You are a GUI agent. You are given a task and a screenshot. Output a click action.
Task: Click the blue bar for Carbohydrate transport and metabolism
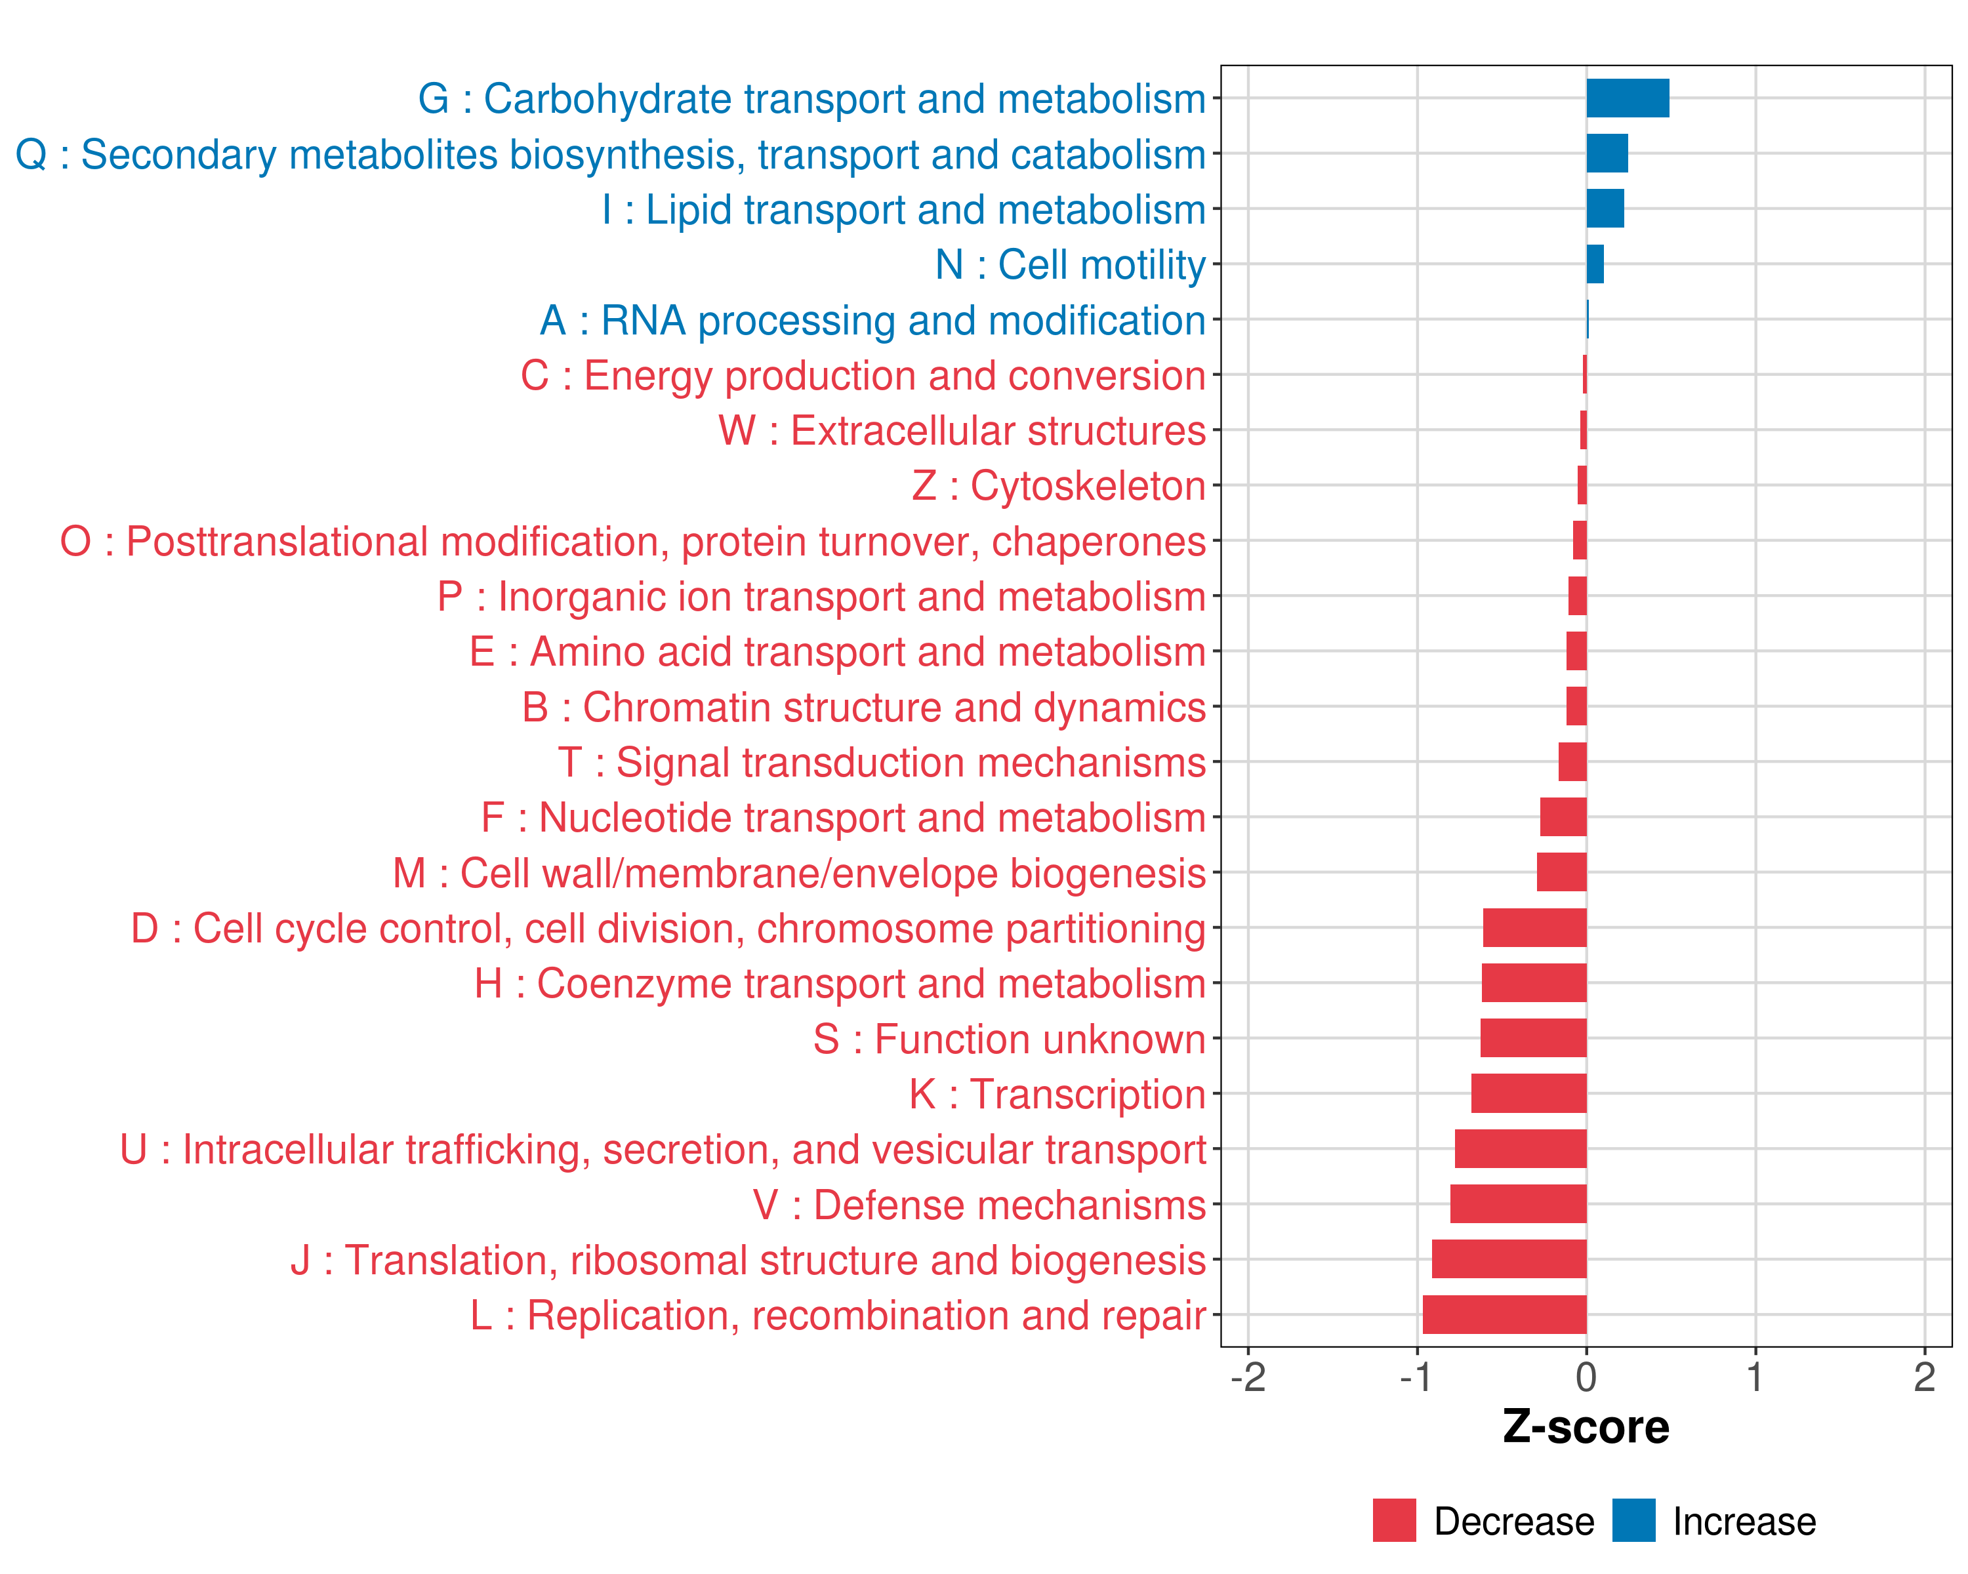click(1628, 98)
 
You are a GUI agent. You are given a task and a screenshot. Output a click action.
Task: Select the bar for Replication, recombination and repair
click(1504, 1315)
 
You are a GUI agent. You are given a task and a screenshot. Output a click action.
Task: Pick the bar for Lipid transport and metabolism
click(1605, 209)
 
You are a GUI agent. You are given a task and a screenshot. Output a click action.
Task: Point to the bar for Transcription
click(1529, 1093)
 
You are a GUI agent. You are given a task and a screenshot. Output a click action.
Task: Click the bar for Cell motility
click(1595, 264)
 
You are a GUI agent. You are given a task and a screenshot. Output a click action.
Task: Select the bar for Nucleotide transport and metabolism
click(1563, 817)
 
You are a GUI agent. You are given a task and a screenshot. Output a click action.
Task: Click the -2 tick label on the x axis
click(1248, 1377)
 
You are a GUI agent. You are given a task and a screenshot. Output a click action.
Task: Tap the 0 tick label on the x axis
click(1586, 1377)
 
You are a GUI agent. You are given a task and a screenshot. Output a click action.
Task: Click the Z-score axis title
click(1586, 1427)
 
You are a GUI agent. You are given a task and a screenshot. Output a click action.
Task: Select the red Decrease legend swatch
click(1394, 1520)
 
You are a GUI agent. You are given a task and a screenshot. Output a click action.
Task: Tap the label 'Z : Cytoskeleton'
click(1059, 485)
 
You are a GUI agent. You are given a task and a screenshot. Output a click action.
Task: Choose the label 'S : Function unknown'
click(1010, 1039)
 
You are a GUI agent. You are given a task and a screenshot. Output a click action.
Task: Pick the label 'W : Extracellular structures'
click(962, 431)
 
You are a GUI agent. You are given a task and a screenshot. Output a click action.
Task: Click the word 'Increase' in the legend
click(1744, 1522)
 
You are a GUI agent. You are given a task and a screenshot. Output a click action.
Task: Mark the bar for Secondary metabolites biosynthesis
click(1607, 153)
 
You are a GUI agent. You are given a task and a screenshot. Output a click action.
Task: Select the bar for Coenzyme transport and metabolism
click(1534, 982)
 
